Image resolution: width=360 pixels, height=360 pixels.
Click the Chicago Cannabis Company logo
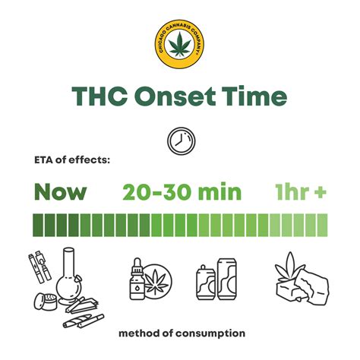[x=179, y=44]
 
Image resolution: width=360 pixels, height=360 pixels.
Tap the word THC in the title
[x=99, y=96]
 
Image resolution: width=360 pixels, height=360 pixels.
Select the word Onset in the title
[x=175, y=96]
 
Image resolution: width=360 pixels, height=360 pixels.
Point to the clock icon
[x=182, y=141]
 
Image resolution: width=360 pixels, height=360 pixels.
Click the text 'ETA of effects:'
[x=72, y=160]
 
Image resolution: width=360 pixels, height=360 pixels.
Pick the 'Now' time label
[x=61, y=191]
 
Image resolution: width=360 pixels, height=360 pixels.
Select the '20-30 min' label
[x=182, y=191]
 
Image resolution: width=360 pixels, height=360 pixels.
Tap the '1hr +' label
[x=301, y=191]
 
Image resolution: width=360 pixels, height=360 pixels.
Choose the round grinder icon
[x=46, y=302]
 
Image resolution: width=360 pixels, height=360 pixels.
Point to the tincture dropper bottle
[x=137, y=279]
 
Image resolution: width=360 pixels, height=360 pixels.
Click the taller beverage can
[x=227, y=279]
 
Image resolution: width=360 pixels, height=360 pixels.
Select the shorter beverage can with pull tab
[x=206, y=283]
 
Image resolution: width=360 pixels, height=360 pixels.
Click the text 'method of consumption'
[x=182, y=333]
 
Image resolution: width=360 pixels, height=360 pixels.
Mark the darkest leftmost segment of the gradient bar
[x=38, y=225]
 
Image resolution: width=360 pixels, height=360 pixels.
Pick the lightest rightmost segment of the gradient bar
[x=322, y=225]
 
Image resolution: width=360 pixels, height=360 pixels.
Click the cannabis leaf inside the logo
[x=180, y=44]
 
